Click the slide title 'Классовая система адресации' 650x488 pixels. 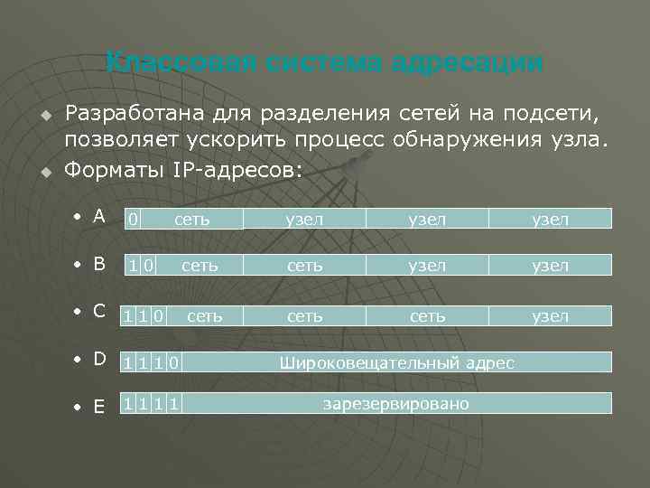click(324, 63)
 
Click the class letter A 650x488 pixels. click(98, 217)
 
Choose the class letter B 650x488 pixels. click(99, 264)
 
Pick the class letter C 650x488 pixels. click(99, 312)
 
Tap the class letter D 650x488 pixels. click(99, 359)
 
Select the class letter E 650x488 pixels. click(99, 407)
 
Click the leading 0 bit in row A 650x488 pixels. click(133, 219)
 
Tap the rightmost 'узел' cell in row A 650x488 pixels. click(550, 219)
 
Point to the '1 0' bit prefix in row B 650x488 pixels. click(142, 266)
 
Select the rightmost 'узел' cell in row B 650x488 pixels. click(550, 266)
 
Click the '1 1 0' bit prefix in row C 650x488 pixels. click(144, 316)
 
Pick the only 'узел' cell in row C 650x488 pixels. click(550, 316)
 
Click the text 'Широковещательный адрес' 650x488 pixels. click(397, 363)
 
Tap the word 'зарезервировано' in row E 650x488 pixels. click(396, 403)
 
